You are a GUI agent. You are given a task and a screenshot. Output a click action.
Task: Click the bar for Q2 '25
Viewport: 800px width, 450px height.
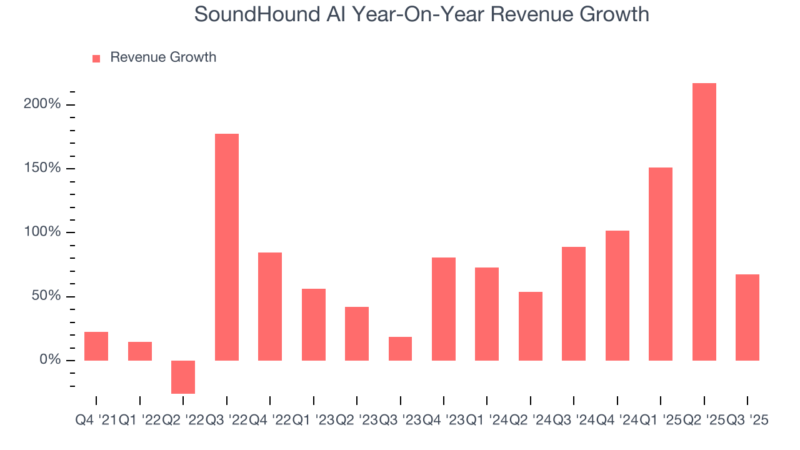[704, 222]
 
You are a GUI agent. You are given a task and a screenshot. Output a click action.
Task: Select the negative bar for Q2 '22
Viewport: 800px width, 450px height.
[183, 377]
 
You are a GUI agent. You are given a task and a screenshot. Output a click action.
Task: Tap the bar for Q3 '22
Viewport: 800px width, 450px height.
[227, 247]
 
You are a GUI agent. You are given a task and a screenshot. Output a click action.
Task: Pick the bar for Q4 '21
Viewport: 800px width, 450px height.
[96, 346]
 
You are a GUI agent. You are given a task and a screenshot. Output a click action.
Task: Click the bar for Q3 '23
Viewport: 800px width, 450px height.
[400, 349]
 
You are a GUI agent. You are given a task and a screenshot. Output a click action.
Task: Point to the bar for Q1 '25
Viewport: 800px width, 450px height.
[661, 264]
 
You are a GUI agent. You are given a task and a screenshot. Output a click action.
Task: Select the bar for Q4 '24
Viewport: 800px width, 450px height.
[617, 296]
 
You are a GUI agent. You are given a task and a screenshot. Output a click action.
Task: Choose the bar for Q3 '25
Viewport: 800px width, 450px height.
[747, 317]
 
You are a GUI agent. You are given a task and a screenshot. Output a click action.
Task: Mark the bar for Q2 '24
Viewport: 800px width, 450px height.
[531, 326]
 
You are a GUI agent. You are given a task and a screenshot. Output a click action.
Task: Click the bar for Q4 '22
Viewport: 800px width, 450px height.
[270, 306]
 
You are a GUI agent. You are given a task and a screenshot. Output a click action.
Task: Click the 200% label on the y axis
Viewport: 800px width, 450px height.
[42, 104]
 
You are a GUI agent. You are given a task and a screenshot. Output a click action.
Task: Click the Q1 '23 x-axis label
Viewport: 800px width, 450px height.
[313, 421]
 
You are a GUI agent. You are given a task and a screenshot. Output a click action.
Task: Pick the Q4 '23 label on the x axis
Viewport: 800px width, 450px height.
[444, 421]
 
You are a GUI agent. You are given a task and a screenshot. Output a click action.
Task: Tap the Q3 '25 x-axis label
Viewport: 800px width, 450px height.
[747, 421]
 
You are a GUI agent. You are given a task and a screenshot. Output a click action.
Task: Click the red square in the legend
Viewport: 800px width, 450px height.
[96, 58]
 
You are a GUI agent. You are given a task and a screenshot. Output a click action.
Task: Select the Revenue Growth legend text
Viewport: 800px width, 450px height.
[163, 57]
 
